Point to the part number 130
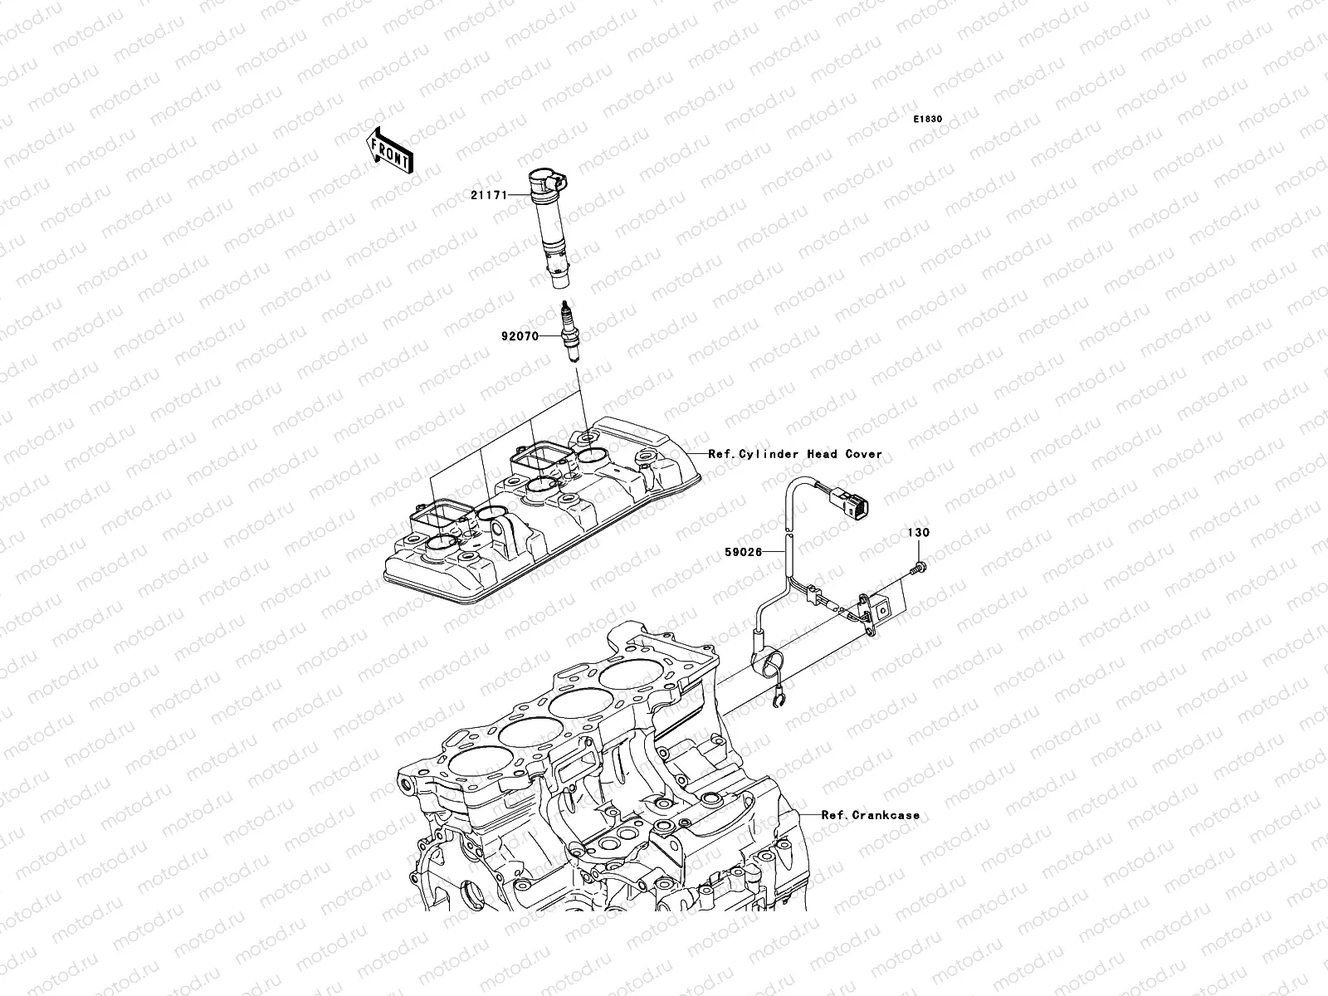pyautogui.click(x=919, y=533)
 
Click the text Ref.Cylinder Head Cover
pyautogui.click(x=795, y=454)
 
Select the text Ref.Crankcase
pyautogui.click(x=871, y=815)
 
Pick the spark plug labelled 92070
pyautogui.click(x=568, y=336)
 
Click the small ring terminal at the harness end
pyautogui.click(x=776, y=705)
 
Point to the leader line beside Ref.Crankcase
pyautogui.click(x=810, y=815)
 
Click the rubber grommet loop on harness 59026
pyautogui.click(x=768, y=664)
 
